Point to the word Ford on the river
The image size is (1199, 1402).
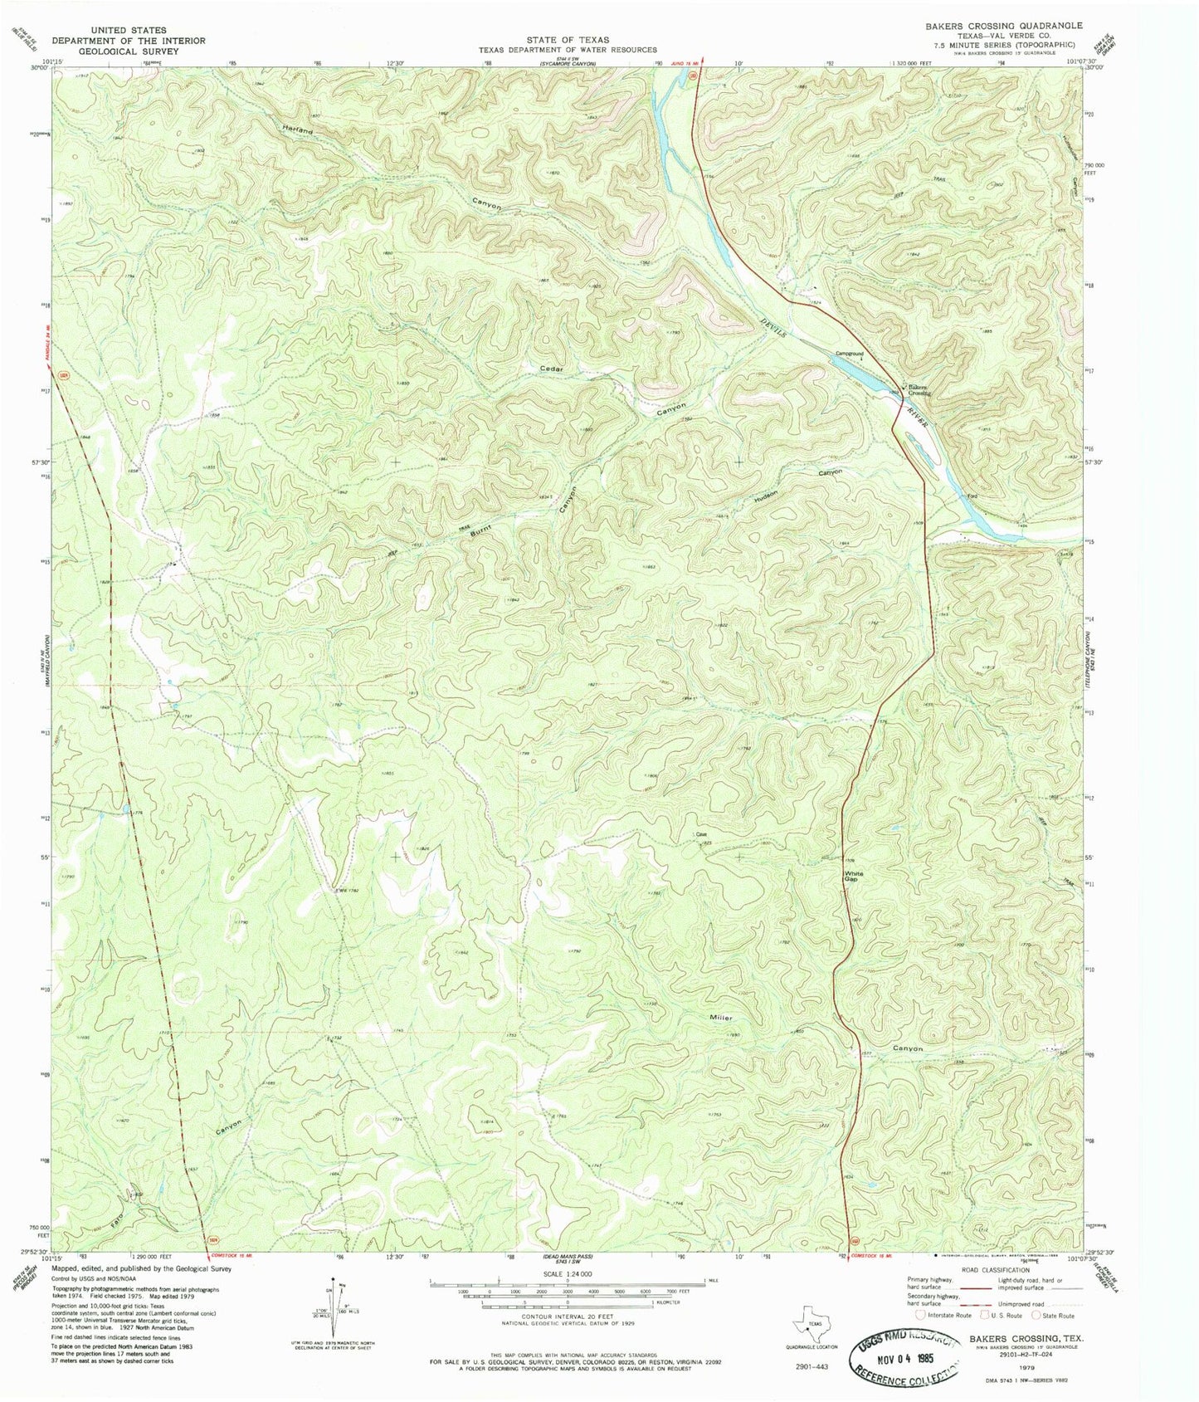coord(973,496)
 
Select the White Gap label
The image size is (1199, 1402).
coord(853,877)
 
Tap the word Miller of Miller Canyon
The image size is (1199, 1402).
coord(720,1017)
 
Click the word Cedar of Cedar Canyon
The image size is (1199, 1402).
coord(552,369)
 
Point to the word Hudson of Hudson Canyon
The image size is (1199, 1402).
coord(765,496)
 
